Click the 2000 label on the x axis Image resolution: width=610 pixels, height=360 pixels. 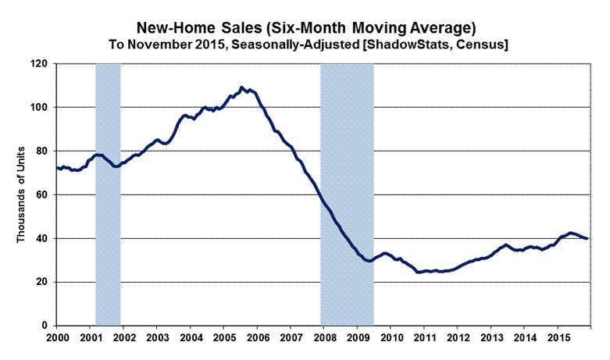pos(56,339)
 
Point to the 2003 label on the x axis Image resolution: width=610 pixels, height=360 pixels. pos(156,339)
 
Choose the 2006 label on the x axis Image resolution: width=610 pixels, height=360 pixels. pos(257,339)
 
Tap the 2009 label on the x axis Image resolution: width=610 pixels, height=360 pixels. pos(357,339)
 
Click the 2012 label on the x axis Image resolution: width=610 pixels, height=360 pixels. pos(458,339)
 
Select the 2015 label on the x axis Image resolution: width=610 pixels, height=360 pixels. pos(558,339)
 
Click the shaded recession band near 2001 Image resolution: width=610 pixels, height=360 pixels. pos(108,195)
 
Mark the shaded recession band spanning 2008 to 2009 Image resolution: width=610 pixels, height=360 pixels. pos(347,156)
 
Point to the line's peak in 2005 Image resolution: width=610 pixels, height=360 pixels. pos(242,87)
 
